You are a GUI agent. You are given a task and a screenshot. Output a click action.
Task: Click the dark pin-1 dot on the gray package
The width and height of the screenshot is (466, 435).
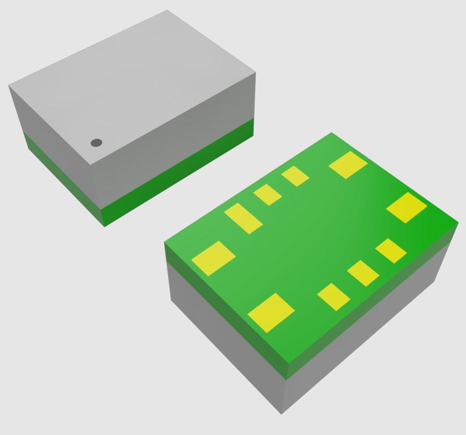point(96,143)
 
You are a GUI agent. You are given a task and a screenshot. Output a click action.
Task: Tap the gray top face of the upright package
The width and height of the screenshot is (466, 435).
point(140,82)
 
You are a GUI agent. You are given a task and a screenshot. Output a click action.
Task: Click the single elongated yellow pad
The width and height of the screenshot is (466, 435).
point(243,218)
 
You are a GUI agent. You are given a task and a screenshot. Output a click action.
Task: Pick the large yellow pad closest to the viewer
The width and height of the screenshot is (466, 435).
point(271,313)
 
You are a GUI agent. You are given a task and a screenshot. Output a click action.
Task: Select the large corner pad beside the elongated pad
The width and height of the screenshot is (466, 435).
point(213,258)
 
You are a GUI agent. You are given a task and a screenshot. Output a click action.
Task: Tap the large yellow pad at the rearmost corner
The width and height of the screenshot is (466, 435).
point(348,165)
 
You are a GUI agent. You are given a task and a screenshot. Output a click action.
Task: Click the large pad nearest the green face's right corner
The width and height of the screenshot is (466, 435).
point(407,208)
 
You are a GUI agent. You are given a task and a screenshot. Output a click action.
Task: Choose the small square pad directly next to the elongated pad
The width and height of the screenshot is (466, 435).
point(268,195)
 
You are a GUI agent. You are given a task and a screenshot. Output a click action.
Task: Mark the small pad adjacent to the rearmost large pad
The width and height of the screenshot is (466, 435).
point(295,176)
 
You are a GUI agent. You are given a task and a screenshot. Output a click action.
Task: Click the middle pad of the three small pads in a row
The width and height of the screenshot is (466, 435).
point(363,273)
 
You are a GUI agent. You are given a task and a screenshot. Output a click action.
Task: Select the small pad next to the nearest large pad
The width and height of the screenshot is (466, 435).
point(334,297)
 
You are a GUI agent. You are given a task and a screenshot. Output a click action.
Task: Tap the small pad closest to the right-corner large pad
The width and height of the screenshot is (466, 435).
point(391,251)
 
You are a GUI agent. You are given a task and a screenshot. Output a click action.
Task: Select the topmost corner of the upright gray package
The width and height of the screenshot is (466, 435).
point(167,10)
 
